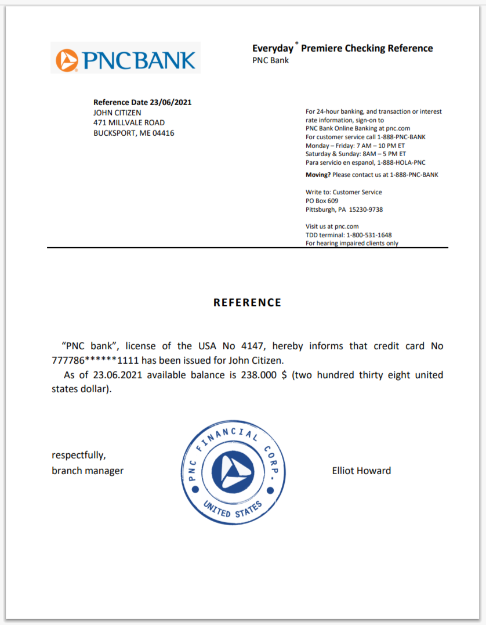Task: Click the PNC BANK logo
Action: coord(125,58)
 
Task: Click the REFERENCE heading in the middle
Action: coord(247,302)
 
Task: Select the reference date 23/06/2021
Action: coord(171,103)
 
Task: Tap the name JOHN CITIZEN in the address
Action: coord(117,113)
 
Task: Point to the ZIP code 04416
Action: coord(164,133)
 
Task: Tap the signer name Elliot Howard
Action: coord(361,471)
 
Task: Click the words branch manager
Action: coord(88,471)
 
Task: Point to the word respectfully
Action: coord(79,456)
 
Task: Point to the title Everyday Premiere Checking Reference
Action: coord(342,48)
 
